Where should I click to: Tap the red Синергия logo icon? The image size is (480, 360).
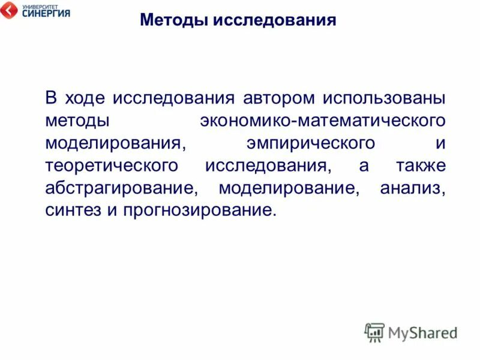point(10,11)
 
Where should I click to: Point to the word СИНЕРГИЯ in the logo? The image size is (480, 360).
point(46,13)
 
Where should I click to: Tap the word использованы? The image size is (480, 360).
point(385,98)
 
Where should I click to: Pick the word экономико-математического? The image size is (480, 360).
point(323,121)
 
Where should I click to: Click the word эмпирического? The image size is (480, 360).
point(311,143)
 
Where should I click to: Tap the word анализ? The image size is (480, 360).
point(413,188)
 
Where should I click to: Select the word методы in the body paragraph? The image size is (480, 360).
point(77,121)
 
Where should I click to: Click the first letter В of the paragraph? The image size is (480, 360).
point(51,98)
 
